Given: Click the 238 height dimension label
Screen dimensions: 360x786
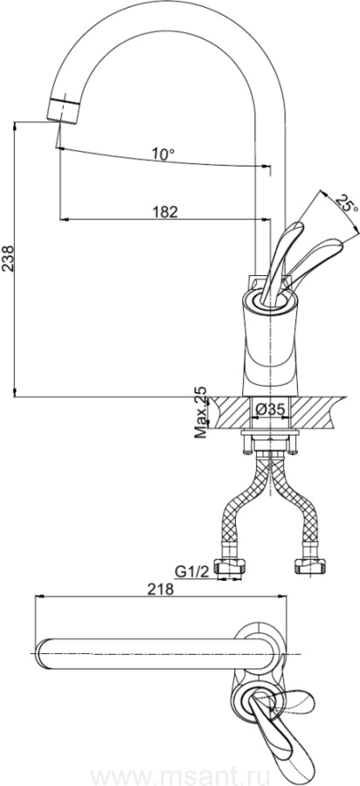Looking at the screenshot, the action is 8,259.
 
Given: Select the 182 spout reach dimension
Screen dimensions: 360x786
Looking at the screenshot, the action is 165,212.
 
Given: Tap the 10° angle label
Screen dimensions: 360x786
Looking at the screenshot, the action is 163,155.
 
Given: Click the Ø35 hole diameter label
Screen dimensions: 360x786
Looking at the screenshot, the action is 269,410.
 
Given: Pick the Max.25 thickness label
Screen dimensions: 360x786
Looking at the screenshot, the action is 201,412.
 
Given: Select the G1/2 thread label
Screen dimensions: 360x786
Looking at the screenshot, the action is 190,571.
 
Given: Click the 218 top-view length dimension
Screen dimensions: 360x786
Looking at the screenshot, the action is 160,589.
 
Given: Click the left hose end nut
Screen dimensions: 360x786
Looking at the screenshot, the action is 230,567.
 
